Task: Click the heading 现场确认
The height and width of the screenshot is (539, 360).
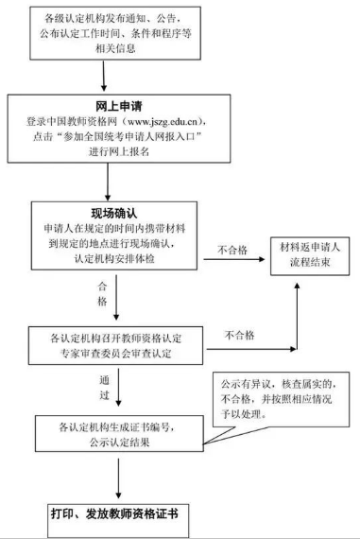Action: click(x=116, y=213)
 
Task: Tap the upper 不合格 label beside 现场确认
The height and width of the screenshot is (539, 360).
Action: click(x=232, y=251)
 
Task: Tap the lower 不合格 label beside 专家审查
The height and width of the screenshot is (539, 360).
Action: click(x=242, y=334)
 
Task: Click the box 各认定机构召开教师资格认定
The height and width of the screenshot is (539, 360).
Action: click(x=116, y=343)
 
